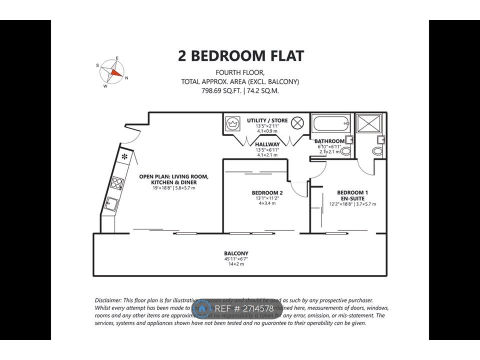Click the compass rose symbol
113,73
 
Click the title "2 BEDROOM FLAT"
240,56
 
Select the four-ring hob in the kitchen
117,183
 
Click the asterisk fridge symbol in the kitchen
123,157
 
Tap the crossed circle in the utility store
297,122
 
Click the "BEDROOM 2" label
267,192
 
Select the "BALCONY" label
236,253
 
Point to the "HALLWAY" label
267,144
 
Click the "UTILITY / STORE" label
267,120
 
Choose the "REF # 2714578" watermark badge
237,308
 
